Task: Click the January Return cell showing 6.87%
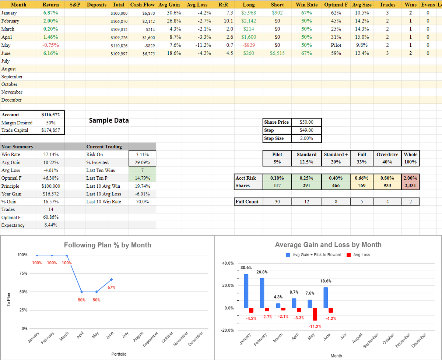tap(50, 13)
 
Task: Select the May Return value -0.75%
tap(50, 45)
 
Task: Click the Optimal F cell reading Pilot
tap(336, 45)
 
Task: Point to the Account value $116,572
tap(51, 115)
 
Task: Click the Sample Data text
tap(109, 120)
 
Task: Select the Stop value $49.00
tap(306, 130)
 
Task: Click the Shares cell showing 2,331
tap(410, 186)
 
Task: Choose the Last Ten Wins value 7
tap(143, 170)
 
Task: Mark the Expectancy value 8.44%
tap(50, 225)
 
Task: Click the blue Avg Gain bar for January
tap(246, 291)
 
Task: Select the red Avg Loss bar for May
tap(315, 314)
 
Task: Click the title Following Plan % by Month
tap(108, 245)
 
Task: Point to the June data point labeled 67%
tap(111, 279)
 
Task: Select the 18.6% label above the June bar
tap(325, 281)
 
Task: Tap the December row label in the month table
tap(11, 100)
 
